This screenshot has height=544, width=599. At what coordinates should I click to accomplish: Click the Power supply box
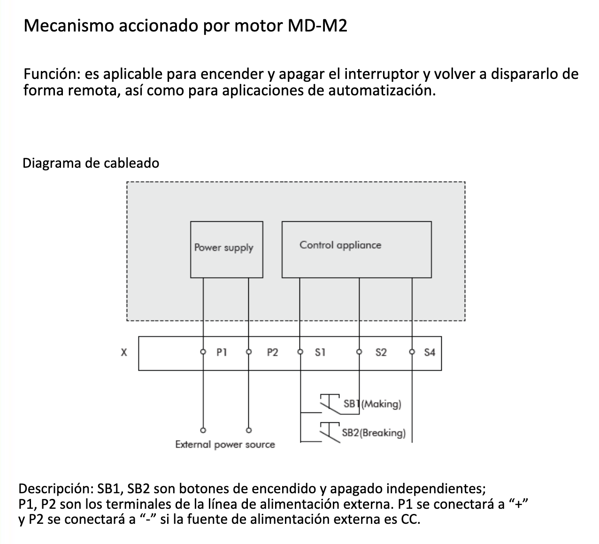226,249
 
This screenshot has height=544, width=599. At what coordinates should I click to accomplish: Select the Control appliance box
356,249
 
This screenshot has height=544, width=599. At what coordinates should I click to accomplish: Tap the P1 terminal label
222,352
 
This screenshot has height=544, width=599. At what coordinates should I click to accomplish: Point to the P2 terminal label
272,352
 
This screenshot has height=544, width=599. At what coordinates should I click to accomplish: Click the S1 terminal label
320,352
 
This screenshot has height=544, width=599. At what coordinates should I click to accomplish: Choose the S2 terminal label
381,352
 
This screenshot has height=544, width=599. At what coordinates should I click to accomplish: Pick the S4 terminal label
430,352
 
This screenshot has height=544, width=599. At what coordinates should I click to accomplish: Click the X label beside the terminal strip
124,352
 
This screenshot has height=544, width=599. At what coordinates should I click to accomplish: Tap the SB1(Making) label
372,404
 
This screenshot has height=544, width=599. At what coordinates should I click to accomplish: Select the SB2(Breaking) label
374,433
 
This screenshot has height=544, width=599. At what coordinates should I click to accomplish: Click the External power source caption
225,444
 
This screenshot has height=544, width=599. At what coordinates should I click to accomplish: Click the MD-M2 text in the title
317,25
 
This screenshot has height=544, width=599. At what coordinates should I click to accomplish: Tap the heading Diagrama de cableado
91,163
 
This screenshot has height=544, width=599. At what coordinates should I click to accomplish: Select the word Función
52,74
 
